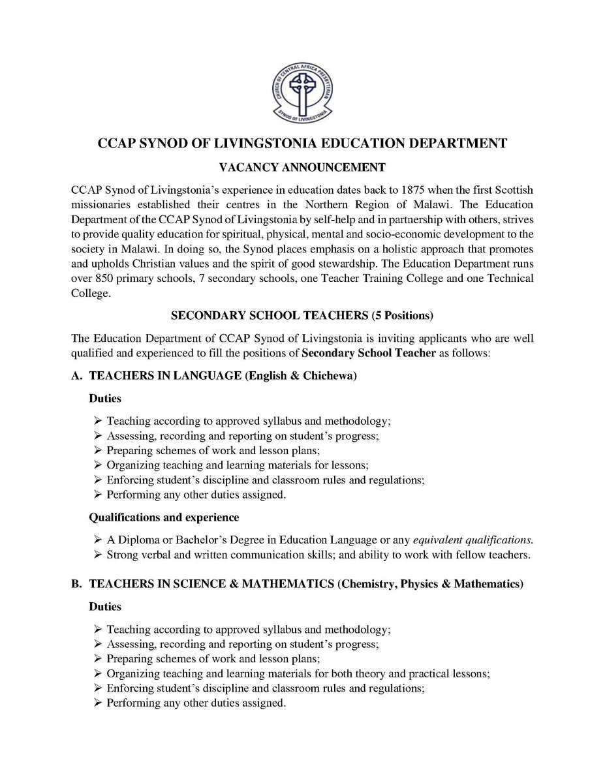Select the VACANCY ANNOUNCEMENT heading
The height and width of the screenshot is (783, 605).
(x=302, y=168)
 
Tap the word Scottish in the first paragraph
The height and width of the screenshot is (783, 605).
(x=512, y=190)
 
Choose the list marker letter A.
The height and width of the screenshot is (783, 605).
(x=76, y=376)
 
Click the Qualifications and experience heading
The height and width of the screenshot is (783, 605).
(x=164, y=517)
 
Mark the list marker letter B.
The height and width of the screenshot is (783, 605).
(x=76, y=585)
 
